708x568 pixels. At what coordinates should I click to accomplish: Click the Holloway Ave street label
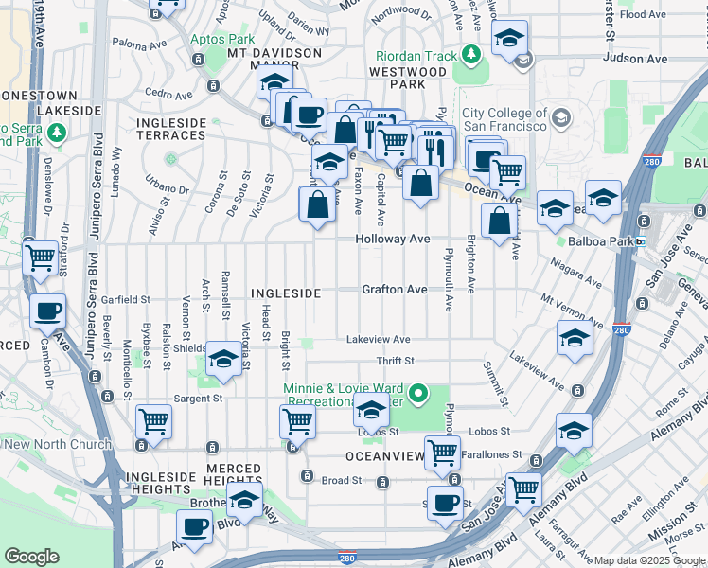tap(393, 240)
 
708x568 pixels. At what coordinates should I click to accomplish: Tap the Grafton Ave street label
tap(394, 290)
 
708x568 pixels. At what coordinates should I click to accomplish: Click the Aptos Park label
tap(222, 40)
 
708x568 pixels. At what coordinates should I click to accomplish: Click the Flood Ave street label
tap(644, 14)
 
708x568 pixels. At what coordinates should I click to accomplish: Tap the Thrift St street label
tap(395, 361)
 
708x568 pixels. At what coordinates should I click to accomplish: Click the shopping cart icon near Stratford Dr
tap(41, 257)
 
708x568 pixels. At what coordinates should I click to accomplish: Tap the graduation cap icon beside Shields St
tap(223, 359)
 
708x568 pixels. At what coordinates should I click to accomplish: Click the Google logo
tap(31, 557)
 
